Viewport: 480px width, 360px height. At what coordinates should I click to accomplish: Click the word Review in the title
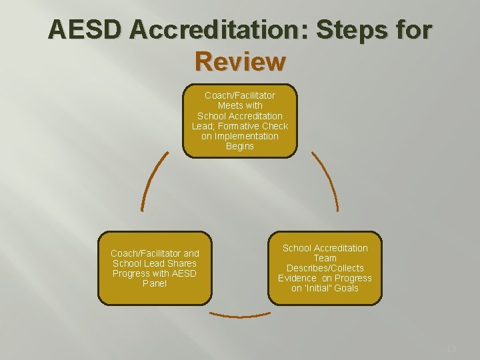tap(240, 61)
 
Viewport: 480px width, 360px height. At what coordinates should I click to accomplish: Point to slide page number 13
tap(451, 349)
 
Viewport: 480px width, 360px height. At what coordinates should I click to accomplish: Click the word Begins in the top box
tap(240, 146)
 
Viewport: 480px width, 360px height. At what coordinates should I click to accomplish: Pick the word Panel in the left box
tap(155, 283)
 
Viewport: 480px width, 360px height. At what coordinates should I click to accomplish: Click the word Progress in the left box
tap(132, 273)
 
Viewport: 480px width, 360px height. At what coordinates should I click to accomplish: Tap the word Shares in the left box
tap(182, 263)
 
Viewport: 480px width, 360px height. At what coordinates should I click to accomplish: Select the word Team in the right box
tap(325, 258)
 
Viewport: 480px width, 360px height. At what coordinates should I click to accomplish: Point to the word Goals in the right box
tap(346, 288)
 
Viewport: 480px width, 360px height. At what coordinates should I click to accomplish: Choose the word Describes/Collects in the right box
tap(325, 268)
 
